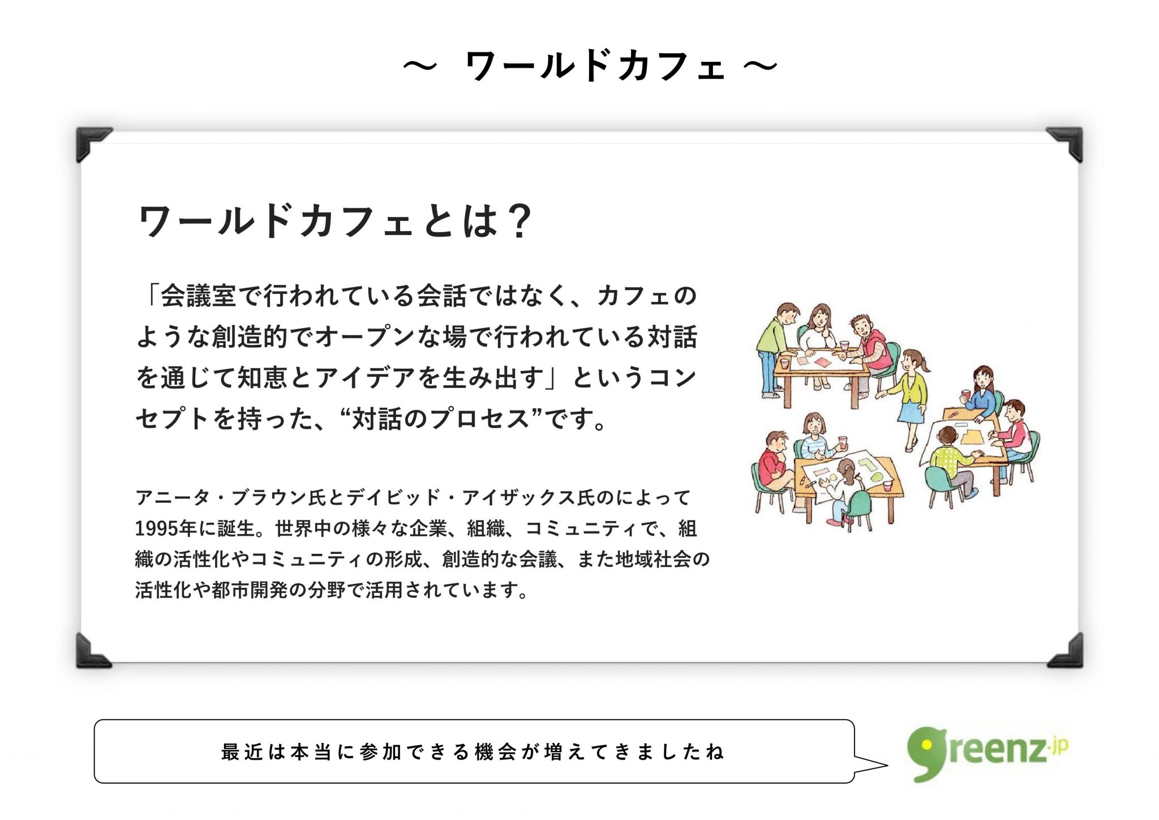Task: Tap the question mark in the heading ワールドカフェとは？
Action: [519, 221]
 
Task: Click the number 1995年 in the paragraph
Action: [165, 528]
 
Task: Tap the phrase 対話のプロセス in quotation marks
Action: [440, 419]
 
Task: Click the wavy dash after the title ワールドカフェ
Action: [760, 66]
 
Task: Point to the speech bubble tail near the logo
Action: [870, 765]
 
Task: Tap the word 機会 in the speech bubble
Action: [495, 752]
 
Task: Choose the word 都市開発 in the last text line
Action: [250, 590]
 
